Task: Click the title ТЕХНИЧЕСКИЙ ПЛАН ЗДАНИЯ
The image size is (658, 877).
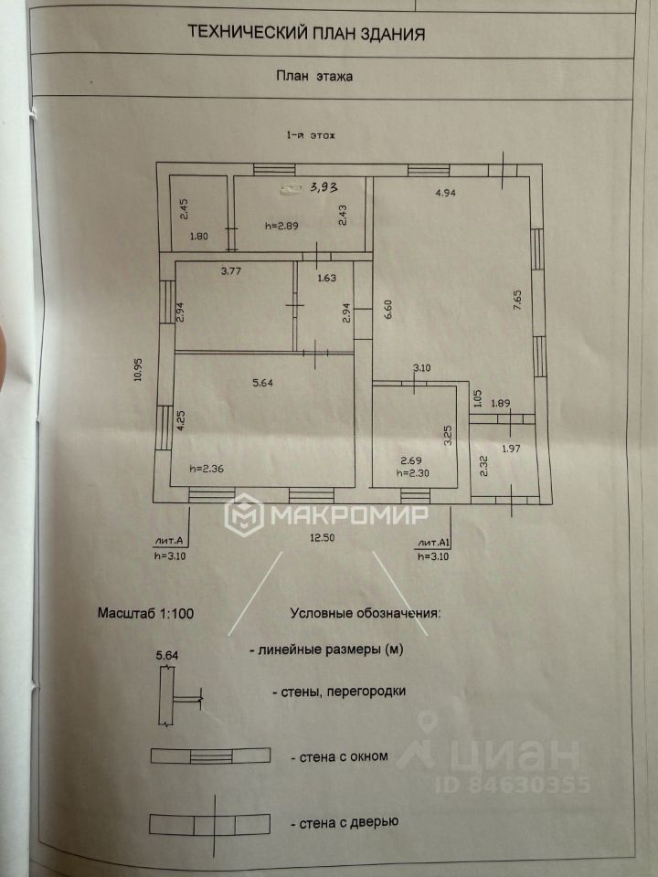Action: (305, 34)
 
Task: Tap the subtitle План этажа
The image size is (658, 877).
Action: (314, 78)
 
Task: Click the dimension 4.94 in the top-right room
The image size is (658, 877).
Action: (445, 193)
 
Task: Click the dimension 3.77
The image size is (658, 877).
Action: (232, 269)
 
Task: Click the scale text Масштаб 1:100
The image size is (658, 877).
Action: (145, 612)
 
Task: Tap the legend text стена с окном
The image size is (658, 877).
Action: (339, 756)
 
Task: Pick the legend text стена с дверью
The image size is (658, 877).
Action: (345, 822)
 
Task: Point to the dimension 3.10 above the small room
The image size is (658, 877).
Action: (421, 368)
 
